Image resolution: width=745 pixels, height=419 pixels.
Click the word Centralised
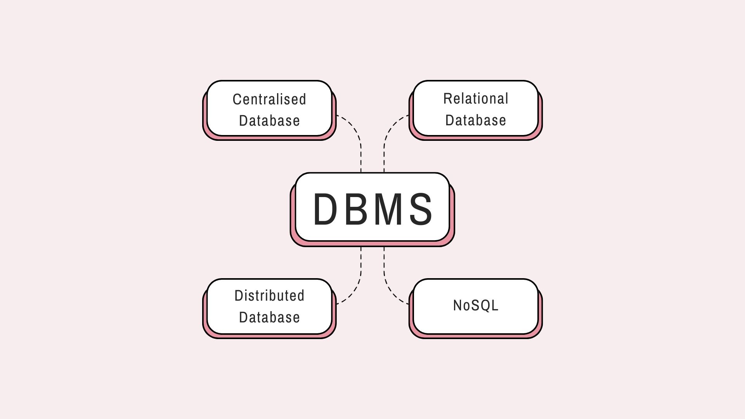(x=269, y=99)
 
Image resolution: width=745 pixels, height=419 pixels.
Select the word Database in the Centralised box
(x=269, y=121)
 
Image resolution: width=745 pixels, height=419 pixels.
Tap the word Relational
(x=476, y=99)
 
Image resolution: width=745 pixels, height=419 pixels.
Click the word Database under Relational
(x=476, y=120)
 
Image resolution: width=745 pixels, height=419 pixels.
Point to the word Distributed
(x=269, y=296)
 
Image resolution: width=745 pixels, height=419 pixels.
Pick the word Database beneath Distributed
(x=269, y=317)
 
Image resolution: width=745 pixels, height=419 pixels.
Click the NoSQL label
(x=476, y=305)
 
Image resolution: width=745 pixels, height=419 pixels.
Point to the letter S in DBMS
(x=421, y=209)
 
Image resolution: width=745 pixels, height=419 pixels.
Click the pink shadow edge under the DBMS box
(x=372, y=244)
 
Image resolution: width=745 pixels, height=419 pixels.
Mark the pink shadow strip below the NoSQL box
(x=476, y=336)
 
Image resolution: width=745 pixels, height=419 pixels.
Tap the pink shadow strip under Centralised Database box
(x=269, y=138)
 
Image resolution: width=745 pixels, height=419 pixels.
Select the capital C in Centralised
(x=236, y=100)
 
